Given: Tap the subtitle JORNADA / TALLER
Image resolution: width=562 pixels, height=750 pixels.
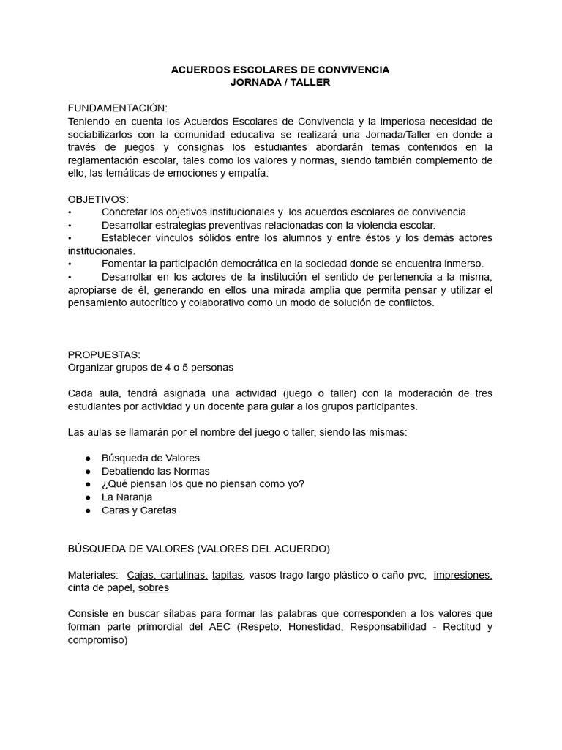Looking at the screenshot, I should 280,83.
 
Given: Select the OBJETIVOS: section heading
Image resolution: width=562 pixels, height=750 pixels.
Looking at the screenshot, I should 98,199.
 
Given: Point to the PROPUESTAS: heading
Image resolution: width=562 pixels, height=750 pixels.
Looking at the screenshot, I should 104,354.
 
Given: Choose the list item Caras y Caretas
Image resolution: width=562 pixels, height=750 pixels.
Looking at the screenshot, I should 139,510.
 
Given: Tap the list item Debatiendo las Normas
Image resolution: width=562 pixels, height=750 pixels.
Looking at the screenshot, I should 155,471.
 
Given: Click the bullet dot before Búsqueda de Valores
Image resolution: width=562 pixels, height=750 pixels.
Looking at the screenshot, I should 88,458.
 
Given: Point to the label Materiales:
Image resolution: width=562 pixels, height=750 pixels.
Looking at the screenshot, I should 93,575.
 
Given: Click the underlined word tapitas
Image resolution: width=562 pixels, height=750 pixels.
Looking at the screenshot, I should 228,575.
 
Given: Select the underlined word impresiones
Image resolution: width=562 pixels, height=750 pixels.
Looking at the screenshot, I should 462,575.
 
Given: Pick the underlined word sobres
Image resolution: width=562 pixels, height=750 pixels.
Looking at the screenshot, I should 154,588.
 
